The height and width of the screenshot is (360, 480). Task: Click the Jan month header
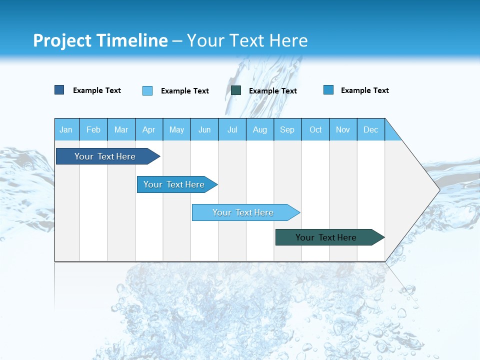[x=66, y=129]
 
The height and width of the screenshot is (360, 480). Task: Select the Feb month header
[x=93, y=129]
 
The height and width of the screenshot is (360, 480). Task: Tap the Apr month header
[x=149, y=129]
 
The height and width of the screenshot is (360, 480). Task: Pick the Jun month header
[x=204, y=129]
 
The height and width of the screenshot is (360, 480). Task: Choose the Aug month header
[x=260, y=129]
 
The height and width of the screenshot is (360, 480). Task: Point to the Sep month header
[x=287, y=129]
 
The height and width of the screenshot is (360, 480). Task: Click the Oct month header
[x=315, y=129]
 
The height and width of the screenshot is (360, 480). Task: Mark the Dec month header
[x=371, y=129]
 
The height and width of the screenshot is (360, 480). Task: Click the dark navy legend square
[x=59, y=90]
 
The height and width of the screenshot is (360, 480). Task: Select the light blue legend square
[x=147, y=90]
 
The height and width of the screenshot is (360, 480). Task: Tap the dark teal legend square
[x=236, y=90]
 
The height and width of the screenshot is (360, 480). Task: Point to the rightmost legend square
[x=328, y=90]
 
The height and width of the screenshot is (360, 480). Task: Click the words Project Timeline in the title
[x=100, y=40]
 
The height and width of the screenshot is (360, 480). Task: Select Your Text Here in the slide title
[x=247, y=40]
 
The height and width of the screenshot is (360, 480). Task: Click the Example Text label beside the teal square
[x=273, y=91]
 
